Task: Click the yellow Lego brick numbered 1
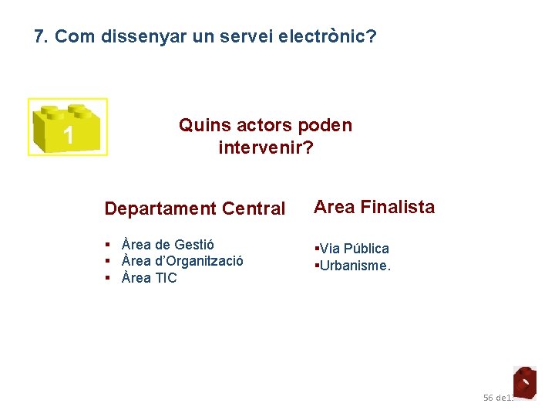[x=68, y=127]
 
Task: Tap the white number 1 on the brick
[x=68, y=136]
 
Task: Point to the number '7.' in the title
[x=42, y=36]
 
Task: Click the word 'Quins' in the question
[x=202, y=125]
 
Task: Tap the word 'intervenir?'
[x=266, y=147]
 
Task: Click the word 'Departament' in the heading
[x=160, y=208]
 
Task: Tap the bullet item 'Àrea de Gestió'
[x=168, y=245]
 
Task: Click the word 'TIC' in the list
[x=166, y=278]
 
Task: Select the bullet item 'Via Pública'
[x=354, y=249]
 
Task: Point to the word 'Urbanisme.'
[x=355, y=266]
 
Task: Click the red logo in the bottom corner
[x=524, y=381]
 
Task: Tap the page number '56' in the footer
[x=488, y=398]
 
